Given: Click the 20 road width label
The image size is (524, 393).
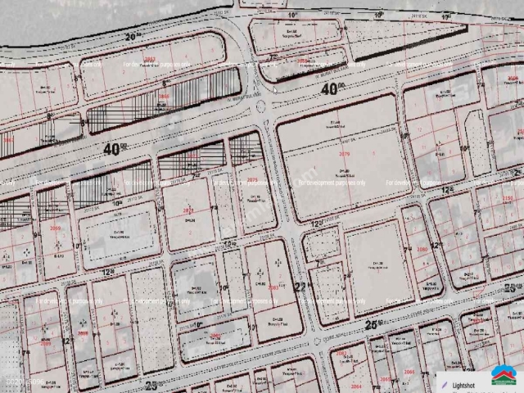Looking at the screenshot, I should click(x=133, y=37).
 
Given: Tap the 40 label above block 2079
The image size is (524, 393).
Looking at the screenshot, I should click(x=331, y=89).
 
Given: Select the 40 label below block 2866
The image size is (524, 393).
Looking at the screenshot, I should click(x=115, y=149).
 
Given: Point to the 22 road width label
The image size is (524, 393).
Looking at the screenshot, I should click(x=300, y=286).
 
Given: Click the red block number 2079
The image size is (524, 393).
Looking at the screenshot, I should click(x=344, y=153).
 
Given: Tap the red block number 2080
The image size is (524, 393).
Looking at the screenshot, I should click(x=422, y=249).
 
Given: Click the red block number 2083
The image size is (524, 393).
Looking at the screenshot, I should click(x=274, y=287).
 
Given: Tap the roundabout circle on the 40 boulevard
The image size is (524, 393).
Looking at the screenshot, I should click(x=262, y=107).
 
